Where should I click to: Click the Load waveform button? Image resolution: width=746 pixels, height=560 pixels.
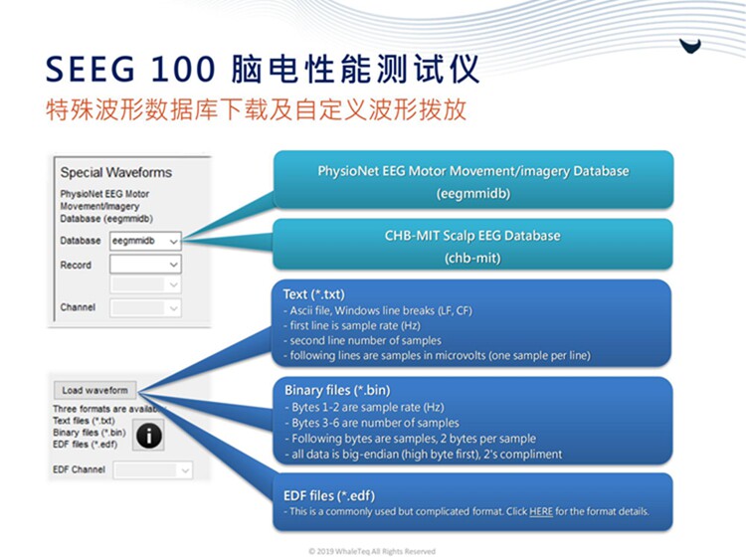95,390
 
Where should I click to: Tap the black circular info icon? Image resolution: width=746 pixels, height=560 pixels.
149,435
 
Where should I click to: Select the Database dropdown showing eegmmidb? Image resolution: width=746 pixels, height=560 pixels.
145,242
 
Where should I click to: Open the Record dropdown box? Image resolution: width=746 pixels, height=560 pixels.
145,265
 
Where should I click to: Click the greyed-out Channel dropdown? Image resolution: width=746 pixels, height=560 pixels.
145,307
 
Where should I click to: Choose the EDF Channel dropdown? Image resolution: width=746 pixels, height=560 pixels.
153,470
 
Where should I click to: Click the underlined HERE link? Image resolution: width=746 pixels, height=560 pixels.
541,511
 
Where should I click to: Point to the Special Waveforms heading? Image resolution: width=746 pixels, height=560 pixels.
116,172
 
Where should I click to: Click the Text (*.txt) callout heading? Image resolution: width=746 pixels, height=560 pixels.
314,294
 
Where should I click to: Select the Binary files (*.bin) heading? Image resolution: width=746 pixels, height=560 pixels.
337,391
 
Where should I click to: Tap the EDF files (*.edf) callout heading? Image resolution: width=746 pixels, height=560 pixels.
329,495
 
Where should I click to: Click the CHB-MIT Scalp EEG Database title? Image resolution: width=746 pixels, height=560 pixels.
472,236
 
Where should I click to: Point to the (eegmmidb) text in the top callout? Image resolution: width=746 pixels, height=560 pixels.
473,194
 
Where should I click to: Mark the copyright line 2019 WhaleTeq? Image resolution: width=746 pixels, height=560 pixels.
372,551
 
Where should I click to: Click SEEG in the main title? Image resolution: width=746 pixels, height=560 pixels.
90,70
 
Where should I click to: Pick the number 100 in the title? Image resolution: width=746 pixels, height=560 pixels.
183,70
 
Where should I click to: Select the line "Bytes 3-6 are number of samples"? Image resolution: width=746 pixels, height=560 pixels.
372,423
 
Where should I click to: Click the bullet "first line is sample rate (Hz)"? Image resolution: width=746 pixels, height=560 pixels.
351,326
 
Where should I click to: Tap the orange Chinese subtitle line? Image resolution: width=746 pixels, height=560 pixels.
256,109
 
